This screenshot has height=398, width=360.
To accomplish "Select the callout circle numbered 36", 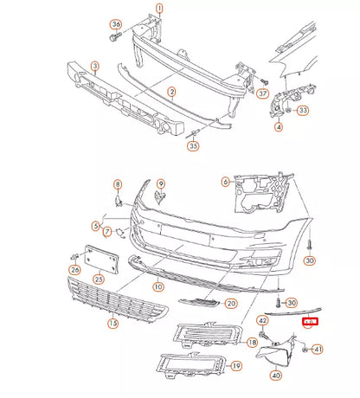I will pos(116,24).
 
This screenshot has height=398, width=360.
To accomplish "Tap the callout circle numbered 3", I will pos(94,66).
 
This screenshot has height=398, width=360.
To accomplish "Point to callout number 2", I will pos(171,92).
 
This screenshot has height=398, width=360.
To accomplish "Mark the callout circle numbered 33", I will pos(303,111).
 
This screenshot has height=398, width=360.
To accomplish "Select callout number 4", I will pos(279,127).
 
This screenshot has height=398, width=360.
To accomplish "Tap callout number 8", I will pos(118,185).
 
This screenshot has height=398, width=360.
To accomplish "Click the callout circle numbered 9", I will pos(159,183).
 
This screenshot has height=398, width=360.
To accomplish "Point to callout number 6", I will pos(226,182).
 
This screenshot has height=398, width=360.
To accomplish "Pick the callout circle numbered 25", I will pos(99,279).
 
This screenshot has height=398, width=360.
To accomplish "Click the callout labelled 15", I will pos(112,324).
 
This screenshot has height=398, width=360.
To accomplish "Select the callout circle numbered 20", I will pos(230,304).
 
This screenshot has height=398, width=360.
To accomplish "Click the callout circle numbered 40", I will pos(276,375).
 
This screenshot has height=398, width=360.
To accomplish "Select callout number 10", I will pos(157,286).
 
